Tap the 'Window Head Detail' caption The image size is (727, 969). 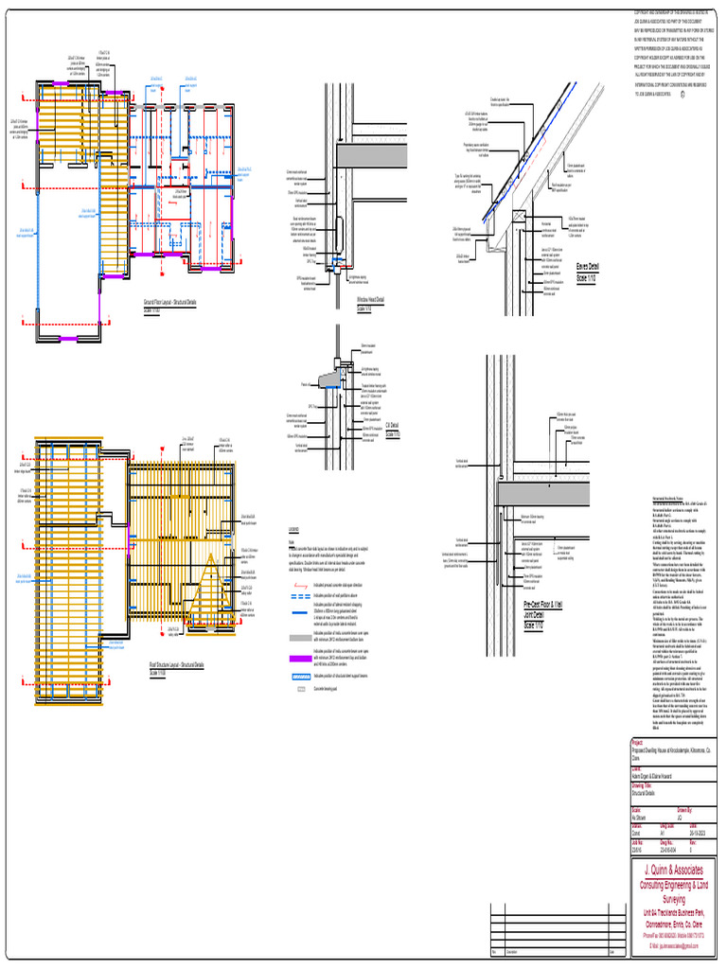[x=370, y=300]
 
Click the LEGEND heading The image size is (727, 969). [x=294, y=529]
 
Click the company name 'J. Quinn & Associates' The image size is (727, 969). [x=673, y=871]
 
